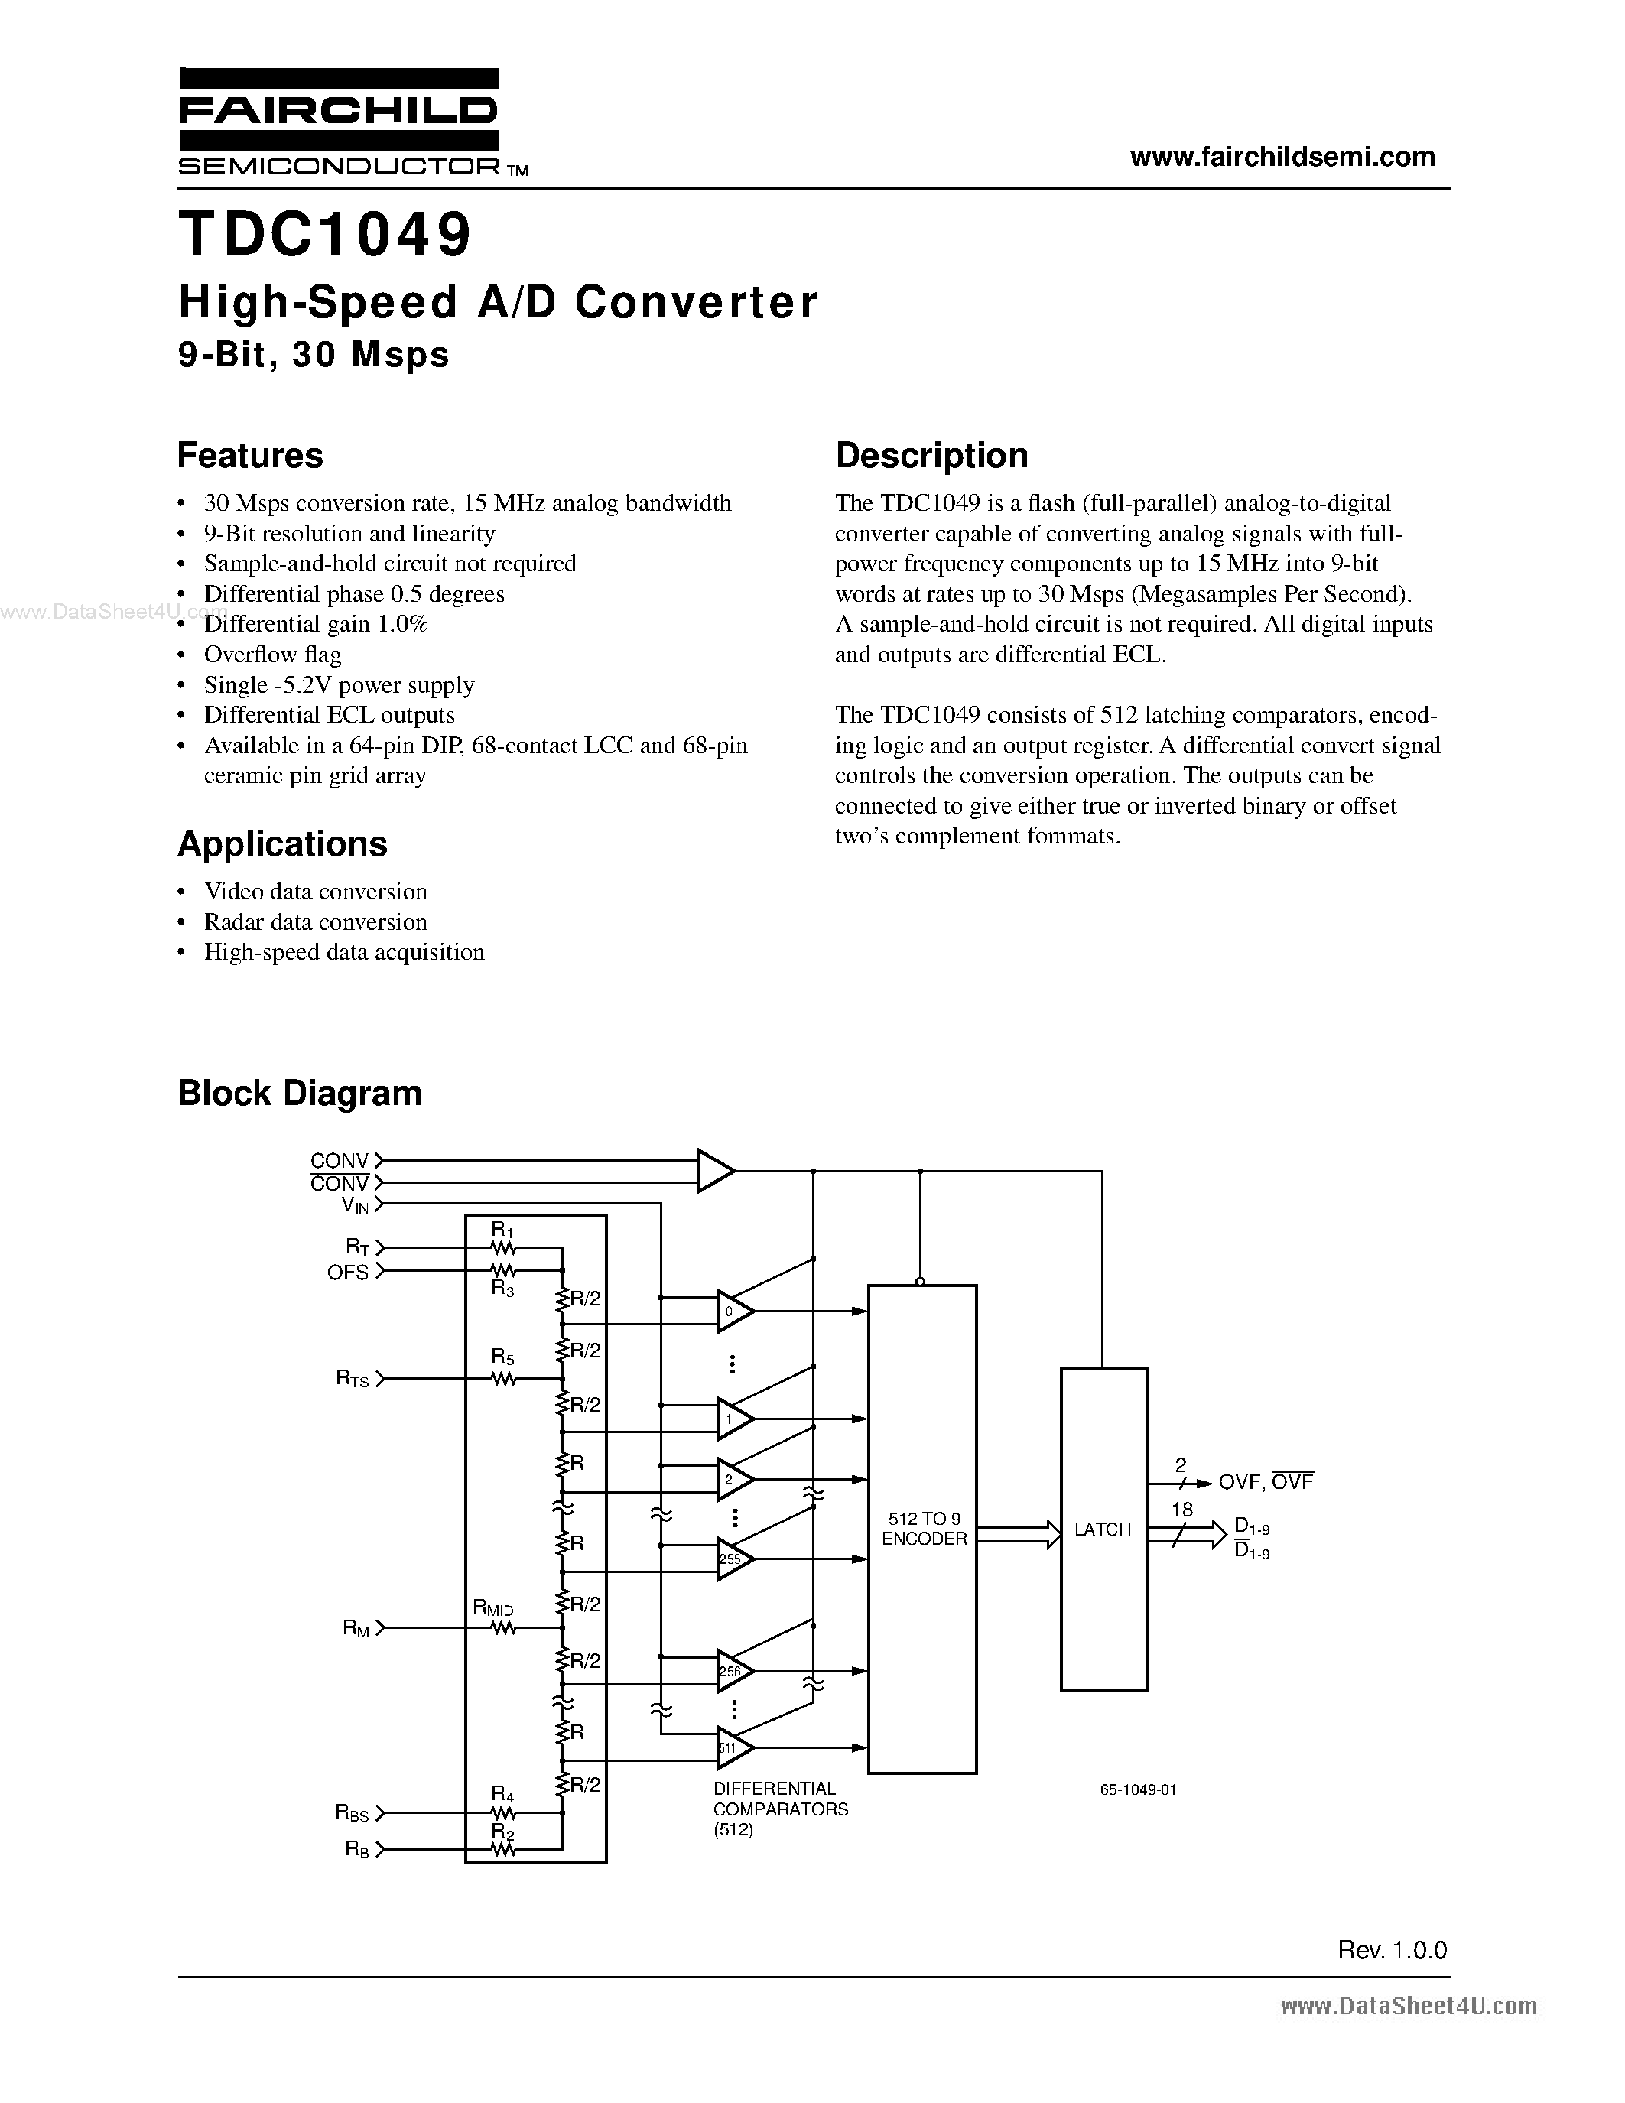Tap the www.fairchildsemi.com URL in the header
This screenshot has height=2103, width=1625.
tap(1282, 157)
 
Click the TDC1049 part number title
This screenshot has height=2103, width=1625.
tap(326, 235)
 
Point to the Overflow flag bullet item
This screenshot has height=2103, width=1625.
tap(272, 655)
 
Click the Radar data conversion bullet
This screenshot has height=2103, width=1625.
tap(315, 922)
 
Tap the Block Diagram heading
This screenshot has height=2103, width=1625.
tap(300, 1093)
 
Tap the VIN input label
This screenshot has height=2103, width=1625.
tap(354, 1205)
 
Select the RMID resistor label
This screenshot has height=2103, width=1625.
tap(493, 1608)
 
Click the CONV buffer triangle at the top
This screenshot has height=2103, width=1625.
tap(714, 1171)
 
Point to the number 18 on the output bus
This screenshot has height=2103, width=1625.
tap(1182, 1510)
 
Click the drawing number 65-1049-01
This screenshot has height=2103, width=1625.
tap(1138, 1790)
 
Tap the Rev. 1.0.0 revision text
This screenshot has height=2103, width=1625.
tap(1392, 1950)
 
